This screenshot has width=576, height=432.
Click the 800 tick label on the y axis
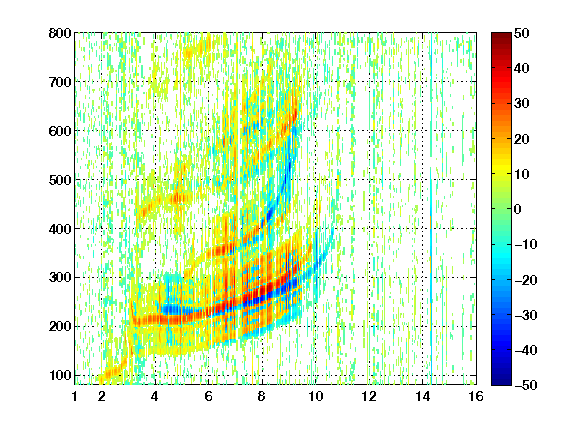[x=60, y=33]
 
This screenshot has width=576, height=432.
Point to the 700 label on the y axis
[x=60, y=82]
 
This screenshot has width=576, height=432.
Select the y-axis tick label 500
[x=60, y=180]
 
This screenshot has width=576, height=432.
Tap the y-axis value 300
[x=60, y=277]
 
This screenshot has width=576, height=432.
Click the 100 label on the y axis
[x=60, y=375]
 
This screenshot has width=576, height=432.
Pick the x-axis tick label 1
[x=75, y=396]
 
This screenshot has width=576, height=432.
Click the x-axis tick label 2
[x=102, y=396]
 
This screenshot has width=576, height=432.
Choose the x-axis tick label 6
[x=208, y=396]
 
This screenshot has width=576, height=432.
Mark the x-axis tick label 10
[x=315, y=396]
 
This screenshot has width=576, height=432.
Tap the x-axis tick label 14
[x=422, y=396]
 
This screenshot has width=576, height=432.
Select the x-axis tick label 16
[x=476, y=396]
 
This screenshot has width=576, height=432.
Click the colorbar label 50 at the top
[x=521, y=33]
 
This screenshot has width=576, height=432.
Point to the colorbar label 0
[x=518, y=209]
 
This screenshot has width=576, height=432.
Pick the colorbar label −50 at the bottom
[x=526, y=385]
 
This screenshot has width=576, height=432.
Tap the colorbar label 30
[x=521, y=104]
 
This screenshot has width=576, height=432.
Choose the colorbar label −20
[x=526, y=280]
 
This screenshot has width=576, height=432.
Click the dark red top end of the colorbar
[x=501, y=36]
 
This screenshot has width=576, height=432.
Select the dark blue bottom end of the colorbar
[x=501, y=381]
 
